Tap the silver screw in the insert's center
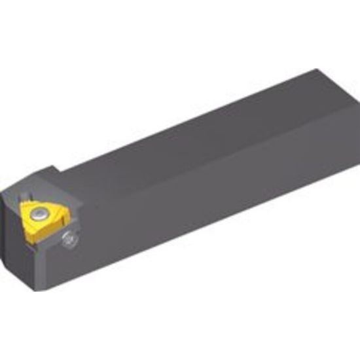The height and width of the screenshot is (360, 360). point(40,213)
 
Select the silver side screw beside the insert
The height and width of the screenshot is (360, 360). point(69,240)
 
